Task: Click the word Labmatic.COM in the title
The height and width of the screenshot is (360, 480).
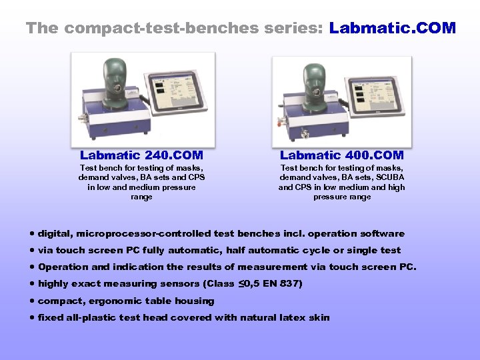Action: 392,28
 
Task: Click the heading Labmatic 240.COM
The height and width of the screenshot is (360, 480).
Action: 141,155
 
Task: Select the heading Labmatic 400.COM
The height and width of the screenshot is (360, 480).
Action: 341,155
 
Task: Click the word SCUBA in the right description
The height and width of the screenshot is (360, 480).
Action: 389,177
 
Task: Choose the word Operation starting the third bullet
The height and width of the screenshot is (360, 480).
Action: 63,267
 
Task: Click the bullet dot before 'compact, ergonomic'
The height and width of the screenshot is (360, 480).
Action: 32,301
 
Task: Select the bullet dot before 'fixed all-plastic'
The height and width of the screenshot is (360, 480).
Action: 32,317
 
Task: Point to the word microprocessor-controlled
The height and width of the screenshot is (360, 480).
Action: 143,234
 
